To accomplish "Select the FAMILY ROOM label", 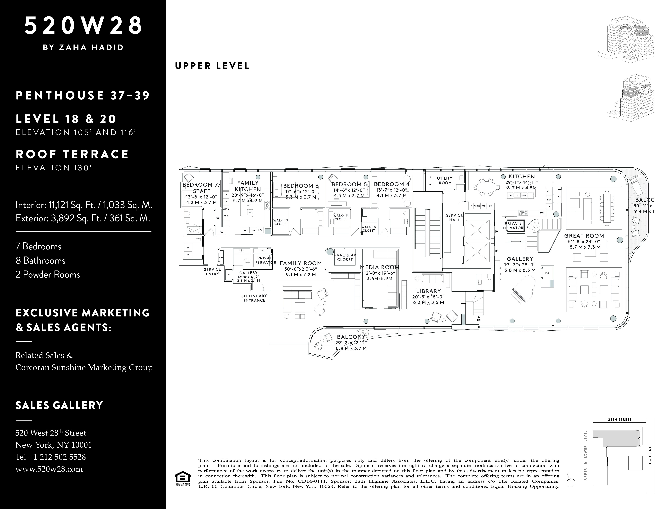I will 301,263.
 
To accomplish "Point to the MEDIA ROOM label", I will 379,267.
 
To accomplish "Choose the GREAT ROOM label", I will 584,236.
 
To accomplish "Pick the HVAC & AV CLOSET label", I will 345,257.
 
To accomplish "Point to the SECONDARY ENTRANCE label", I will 254,298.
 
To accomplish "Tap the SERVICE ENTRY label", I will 212,271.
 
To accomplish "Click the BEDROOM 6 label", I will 301,186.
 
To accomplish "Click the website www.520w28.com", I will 49,469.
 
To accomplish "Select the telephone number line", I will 51,457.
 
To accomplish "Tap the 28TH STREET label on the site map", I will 619,420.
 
